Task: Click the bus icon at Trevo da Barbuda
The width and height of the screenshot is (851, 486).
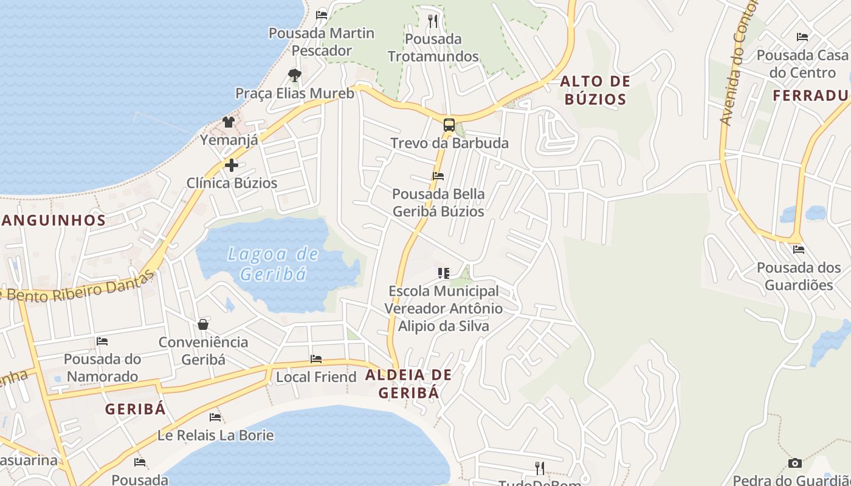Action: pos(449,126)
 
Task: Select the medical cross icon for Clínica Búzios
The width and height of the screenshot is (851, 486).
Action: pos(231,165)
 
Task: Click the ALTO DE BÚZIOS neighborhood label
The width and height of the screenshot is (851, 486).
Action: pos(595,90)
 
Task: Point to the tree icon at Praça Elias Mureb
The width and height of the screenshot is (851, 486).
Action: pos(295,75)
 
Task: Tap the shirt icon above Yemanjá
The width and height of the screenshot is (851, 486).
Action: pos(229,122)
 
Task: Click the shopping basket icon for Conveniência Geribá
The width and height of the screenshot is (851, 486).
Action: pos(203,324)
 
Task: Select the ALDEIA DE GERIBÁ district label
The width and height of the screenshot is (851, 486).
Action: pos(408,383)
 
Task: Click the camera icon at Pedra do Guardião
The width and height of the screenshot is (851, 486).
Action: pos(794,463)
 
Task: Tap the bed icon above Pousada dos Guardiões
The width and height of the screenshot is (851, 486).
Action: pos(799,249)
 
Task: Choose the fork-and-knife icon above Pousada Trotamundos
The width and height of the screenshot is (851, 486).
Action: pos(433,21)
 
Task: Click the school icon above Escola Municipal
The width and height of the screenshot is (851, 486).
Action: pos(444,273)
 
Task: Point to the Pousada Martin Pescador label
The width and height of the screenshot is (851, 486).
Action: pos(321,41)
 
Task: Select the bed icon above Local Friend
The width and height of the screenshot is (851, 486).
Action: pos(316,359)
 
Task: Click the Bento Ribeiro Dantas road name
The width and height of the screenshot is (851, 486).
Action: pos(79,288)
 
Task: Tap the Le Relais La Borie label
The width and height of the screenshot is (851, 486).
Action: pos(215,436)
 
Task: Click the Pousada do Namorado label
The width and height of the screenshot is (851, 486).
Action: pos(102,368)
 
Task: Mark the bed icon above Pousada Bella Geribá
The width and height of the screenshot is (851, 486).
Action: pos(438,176)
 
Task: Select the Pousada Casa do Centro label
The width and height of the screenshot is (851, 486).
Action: pos(802,64)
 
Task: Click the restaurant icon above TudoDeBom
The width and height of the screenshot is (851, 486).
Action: pos(539,468)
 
